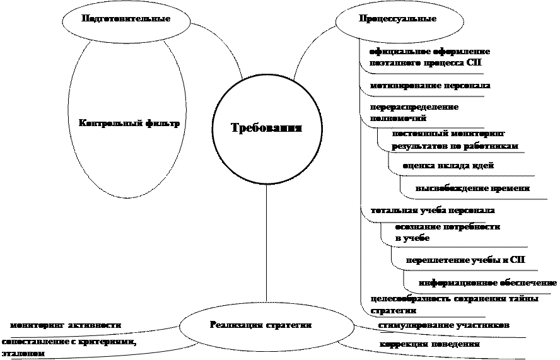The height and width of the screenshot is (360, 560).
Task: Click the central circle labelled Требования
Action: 265,128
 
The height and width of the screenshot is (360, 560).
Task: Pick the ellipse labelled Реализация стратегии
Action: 265,325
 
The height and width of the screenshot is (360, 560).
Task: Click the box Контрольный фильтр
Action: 130,131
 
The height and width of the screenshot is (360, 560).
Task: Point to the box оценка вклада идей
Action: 465,165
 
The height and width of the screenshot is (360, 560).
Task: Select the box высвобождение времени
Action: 478,187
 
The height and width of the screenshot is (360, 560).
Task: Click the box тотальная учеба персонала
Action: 433,209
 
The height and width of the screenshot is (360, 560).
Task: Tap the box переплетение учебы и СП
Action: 469,260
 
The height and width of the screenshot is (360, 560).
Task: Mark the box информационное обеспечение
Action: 487,282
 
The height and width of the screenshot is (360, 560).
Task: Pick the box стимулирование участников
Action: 451,325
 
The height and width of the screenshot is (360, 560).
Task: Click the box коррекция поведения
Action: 452,345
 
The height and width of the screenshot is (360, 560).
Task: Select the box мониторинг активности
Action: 88,324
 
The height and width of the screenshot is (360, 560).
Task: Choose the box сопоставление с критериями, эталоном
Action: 89,347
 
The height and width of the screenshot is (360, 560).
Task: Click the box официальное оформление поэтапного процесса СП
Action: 431,57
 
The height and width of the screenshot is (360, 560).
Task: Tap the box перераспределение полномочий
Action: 431,112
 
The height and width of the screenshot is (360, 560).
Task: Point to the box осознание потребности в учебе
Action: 457,231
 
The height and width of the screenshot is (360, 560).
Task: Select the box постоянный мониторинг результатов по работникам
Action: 457,139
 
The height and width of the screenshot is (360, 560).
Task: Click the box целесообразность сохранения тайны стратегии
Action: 454,304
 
